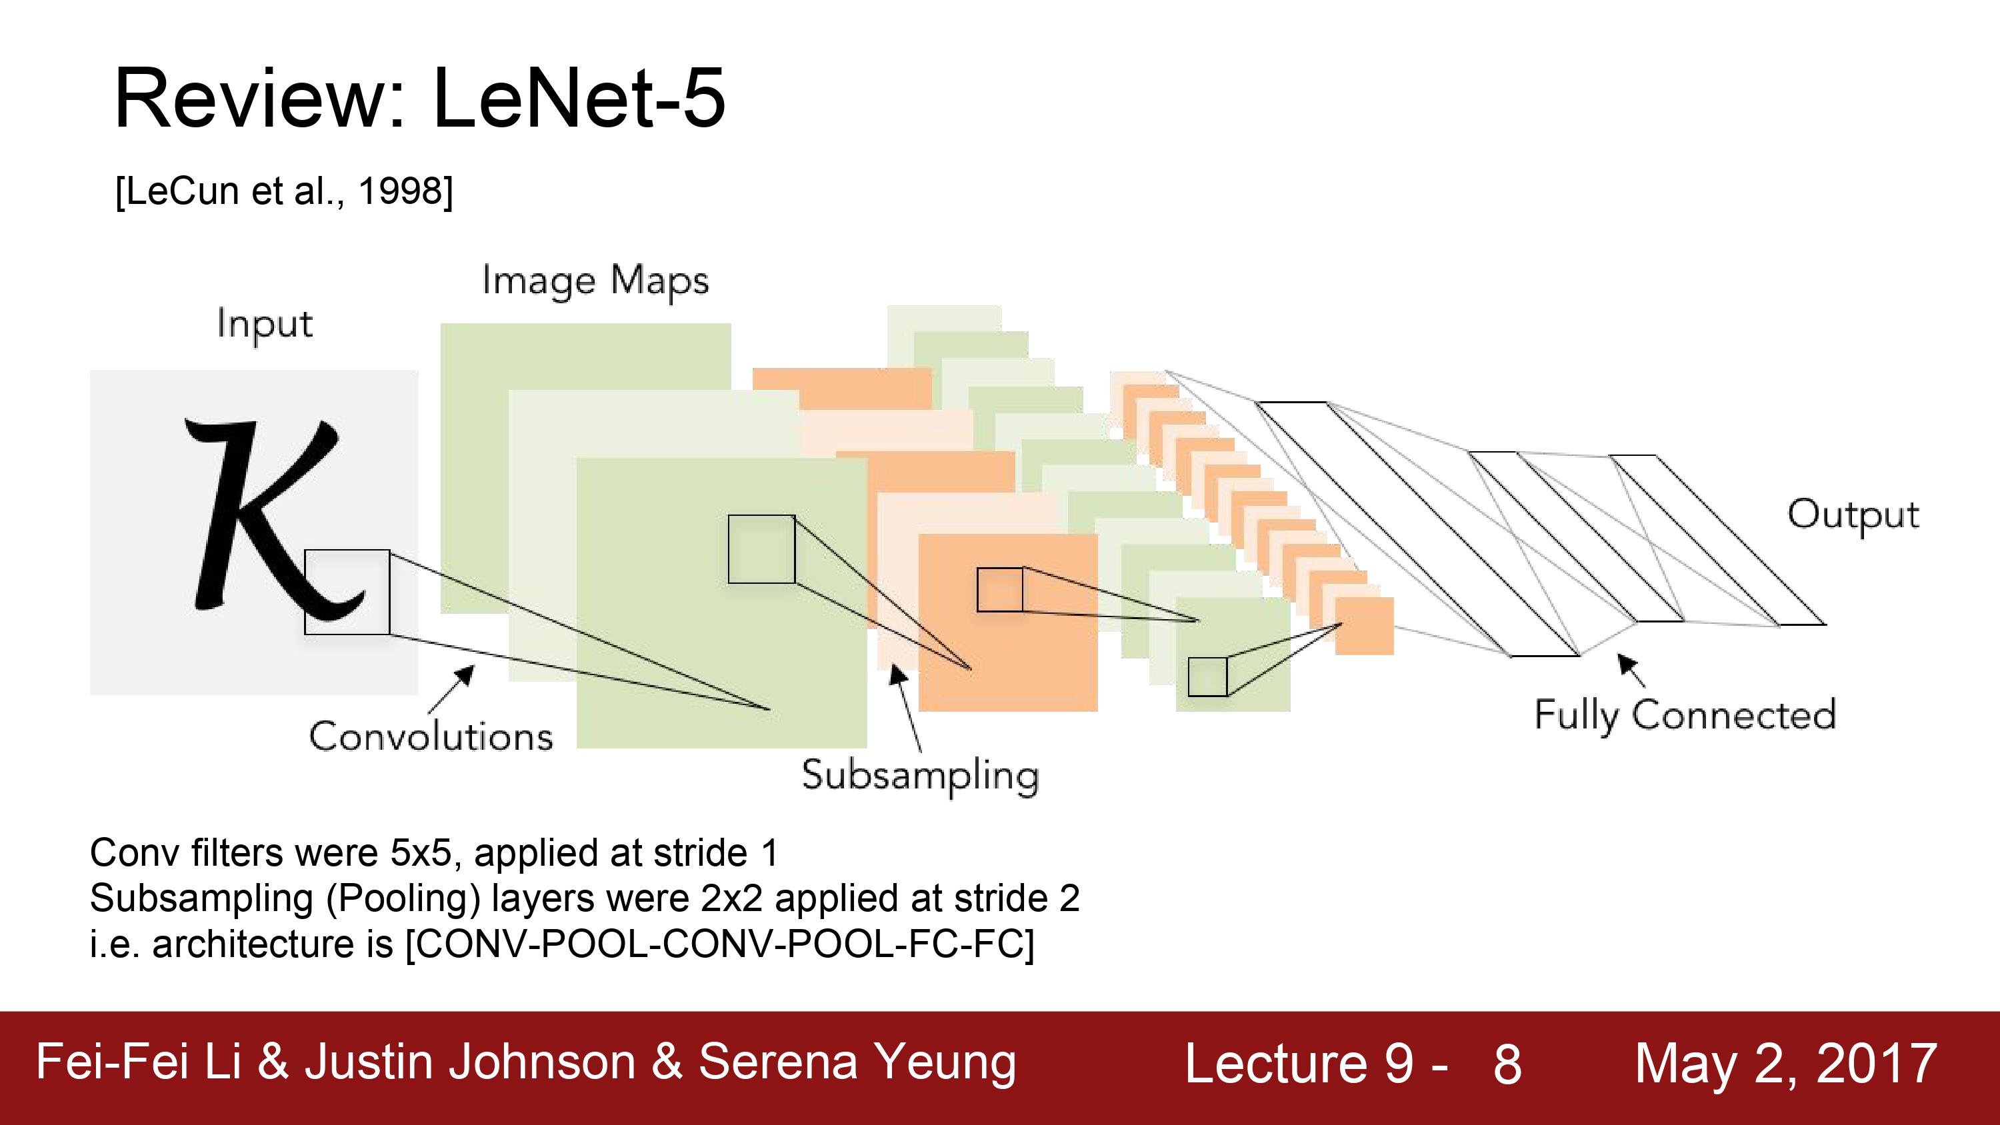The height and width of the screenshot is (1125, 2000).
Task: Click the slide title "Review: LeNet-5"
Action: (x=419, y=98)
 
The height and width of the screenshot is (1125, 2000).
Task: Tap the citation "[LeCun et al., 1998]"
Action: (x=284, y=190)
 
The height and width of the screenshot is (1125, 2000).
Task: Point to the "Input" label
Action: (x=265, y=324)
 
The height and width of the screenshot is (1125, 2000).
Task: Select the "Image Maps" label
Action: (x=595, y=281)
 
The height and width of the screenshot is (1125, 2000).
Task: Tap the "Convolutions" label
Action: (x=431, y=736)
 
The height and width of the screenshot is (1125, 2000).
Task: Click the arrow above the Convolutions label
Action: (x=450, y=689)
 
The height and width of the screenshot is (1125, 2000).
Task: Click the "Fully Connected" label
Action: (x=1685, y=715)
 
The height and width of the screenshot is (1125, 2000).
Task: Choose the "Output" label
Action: (x=1853, y=515)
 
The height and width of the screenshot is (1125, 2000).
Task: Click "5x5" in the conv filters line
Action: (x=421, y=852)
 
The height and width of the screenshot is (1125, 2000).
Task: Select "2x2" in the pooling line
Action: (x=732, y=898)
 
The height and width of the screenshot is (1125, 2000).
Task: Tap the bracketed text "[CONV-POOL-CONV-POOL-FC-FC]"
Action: (x=720, y=944)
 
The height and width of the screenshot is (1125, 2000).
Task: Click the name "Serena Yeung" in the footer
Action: (x=857, y=1062)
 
